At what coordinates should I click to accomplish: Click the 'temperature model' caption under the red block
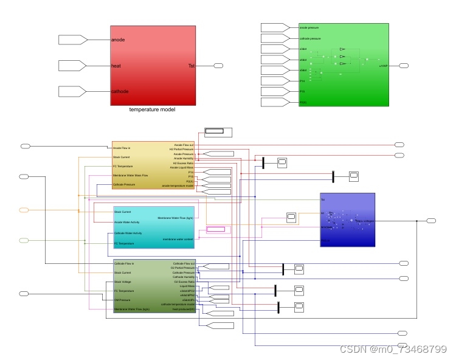point(152,109)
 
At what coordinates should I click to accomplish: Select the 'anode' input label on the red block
point(118,40)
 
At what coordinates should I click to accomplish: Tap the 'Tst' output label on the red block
point(192,66)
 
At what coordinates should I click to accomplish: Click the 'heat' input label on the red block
point(116,66)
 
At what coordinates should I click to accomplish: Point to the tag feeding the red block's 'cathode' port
point(72,91)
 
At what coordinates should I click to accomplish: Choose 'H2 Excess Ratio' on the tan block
point(183,163)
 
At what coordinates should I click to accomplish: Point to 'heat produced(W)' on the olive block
point(182,309)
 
